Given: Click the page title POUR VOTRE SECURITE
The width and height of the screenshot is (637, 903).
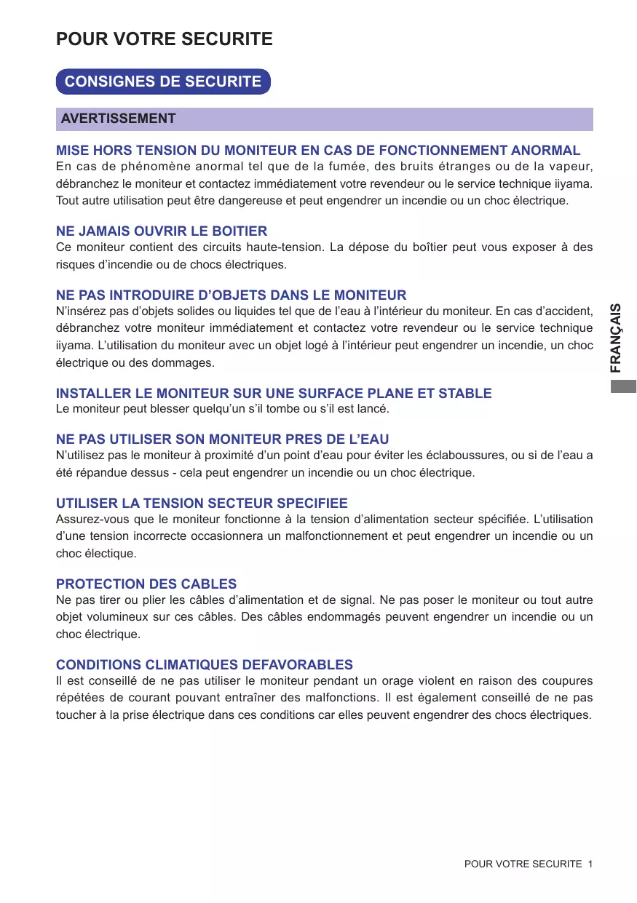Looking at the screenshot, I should pyautogui.click(x=165, y=39).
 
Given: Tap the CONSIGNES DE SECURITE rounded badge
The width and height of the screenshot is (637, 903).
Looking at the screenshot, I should pyautogui.click(x=163, y=81).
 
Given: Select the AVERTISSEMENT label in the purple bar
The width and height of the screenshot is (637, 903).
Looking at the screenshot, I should pyautogui.click(x=119, y=119).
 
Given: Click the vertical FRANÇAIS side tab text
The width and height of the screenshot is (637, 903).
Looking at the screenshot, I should pyautogui.click(x=616, y=338).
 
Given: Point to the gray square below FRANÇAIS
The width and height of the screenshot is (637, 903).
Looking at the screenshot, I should pyautogui.click(x=624, y=386).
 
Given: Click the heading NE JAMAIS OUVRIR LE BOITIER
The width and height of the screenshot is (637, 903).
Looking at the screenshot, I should pyautogui.click(x=162, y=231).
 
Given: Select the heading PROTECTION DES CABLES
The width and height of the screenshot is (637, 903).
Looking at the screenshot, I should pyautogui.click(x=146, y=584).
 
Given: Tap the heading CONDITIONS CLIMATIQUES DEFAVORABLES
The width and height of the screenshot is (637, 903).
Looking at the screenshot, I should pyautogui.click(x=205, y=664).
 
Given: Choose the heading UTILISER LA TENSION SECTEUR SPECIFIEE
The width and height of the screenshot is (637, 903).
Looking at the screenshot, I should pyautogui.click(x=202, y=503).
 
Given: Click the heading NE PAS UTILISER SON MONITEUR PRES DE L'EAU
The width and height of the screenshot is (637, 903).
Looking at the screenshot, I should pyautogui.click(x=222, y=439).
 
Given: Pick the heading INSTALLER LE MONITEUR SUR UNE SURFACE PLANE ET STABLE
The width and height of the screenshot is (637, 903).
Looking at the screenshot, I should pyautogui.click(x=274, y=393).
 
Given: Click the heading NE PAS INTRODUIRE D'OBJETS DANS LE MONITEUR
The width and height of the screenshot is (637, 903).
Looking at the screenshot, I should pyautogui.click(x=231, y=295).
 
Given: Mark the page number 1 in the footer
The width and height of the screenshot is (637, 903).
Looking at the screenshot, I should pyautogui.click(x=590, y=864).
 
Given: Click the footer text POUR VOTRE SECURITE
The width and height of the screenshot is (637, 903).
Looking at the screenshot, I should pyautogui.click(x=523, y=864).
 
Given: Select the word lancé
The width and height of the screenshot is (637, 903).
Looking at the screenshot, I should pyautogui.click(x=371, y=409).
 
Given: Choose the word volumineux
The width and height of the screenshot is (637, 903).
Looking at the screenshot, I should pyautogui.click(x=116, y=617).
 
